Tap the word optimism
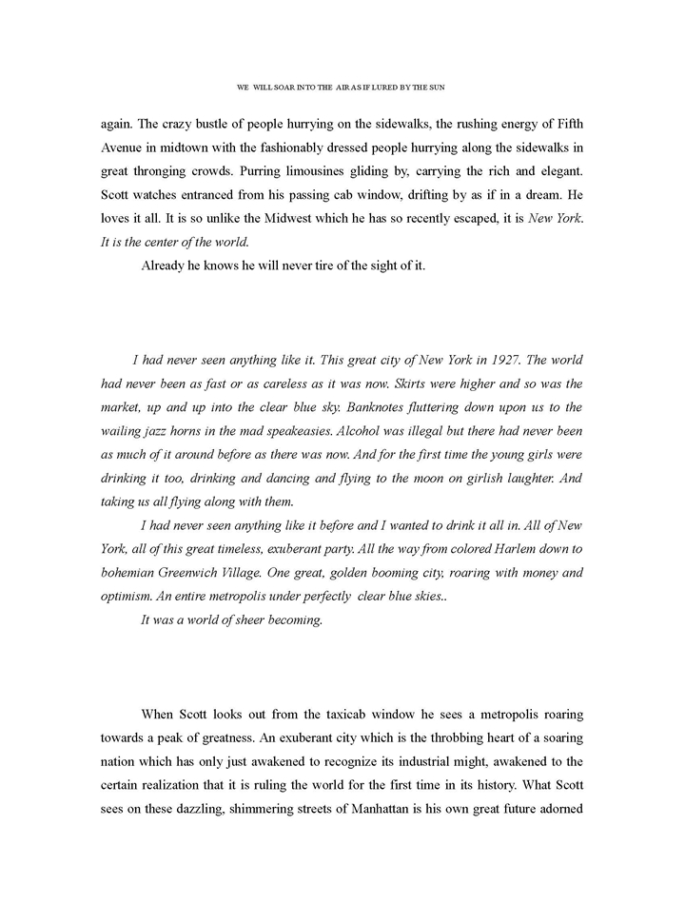point(129,597)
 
